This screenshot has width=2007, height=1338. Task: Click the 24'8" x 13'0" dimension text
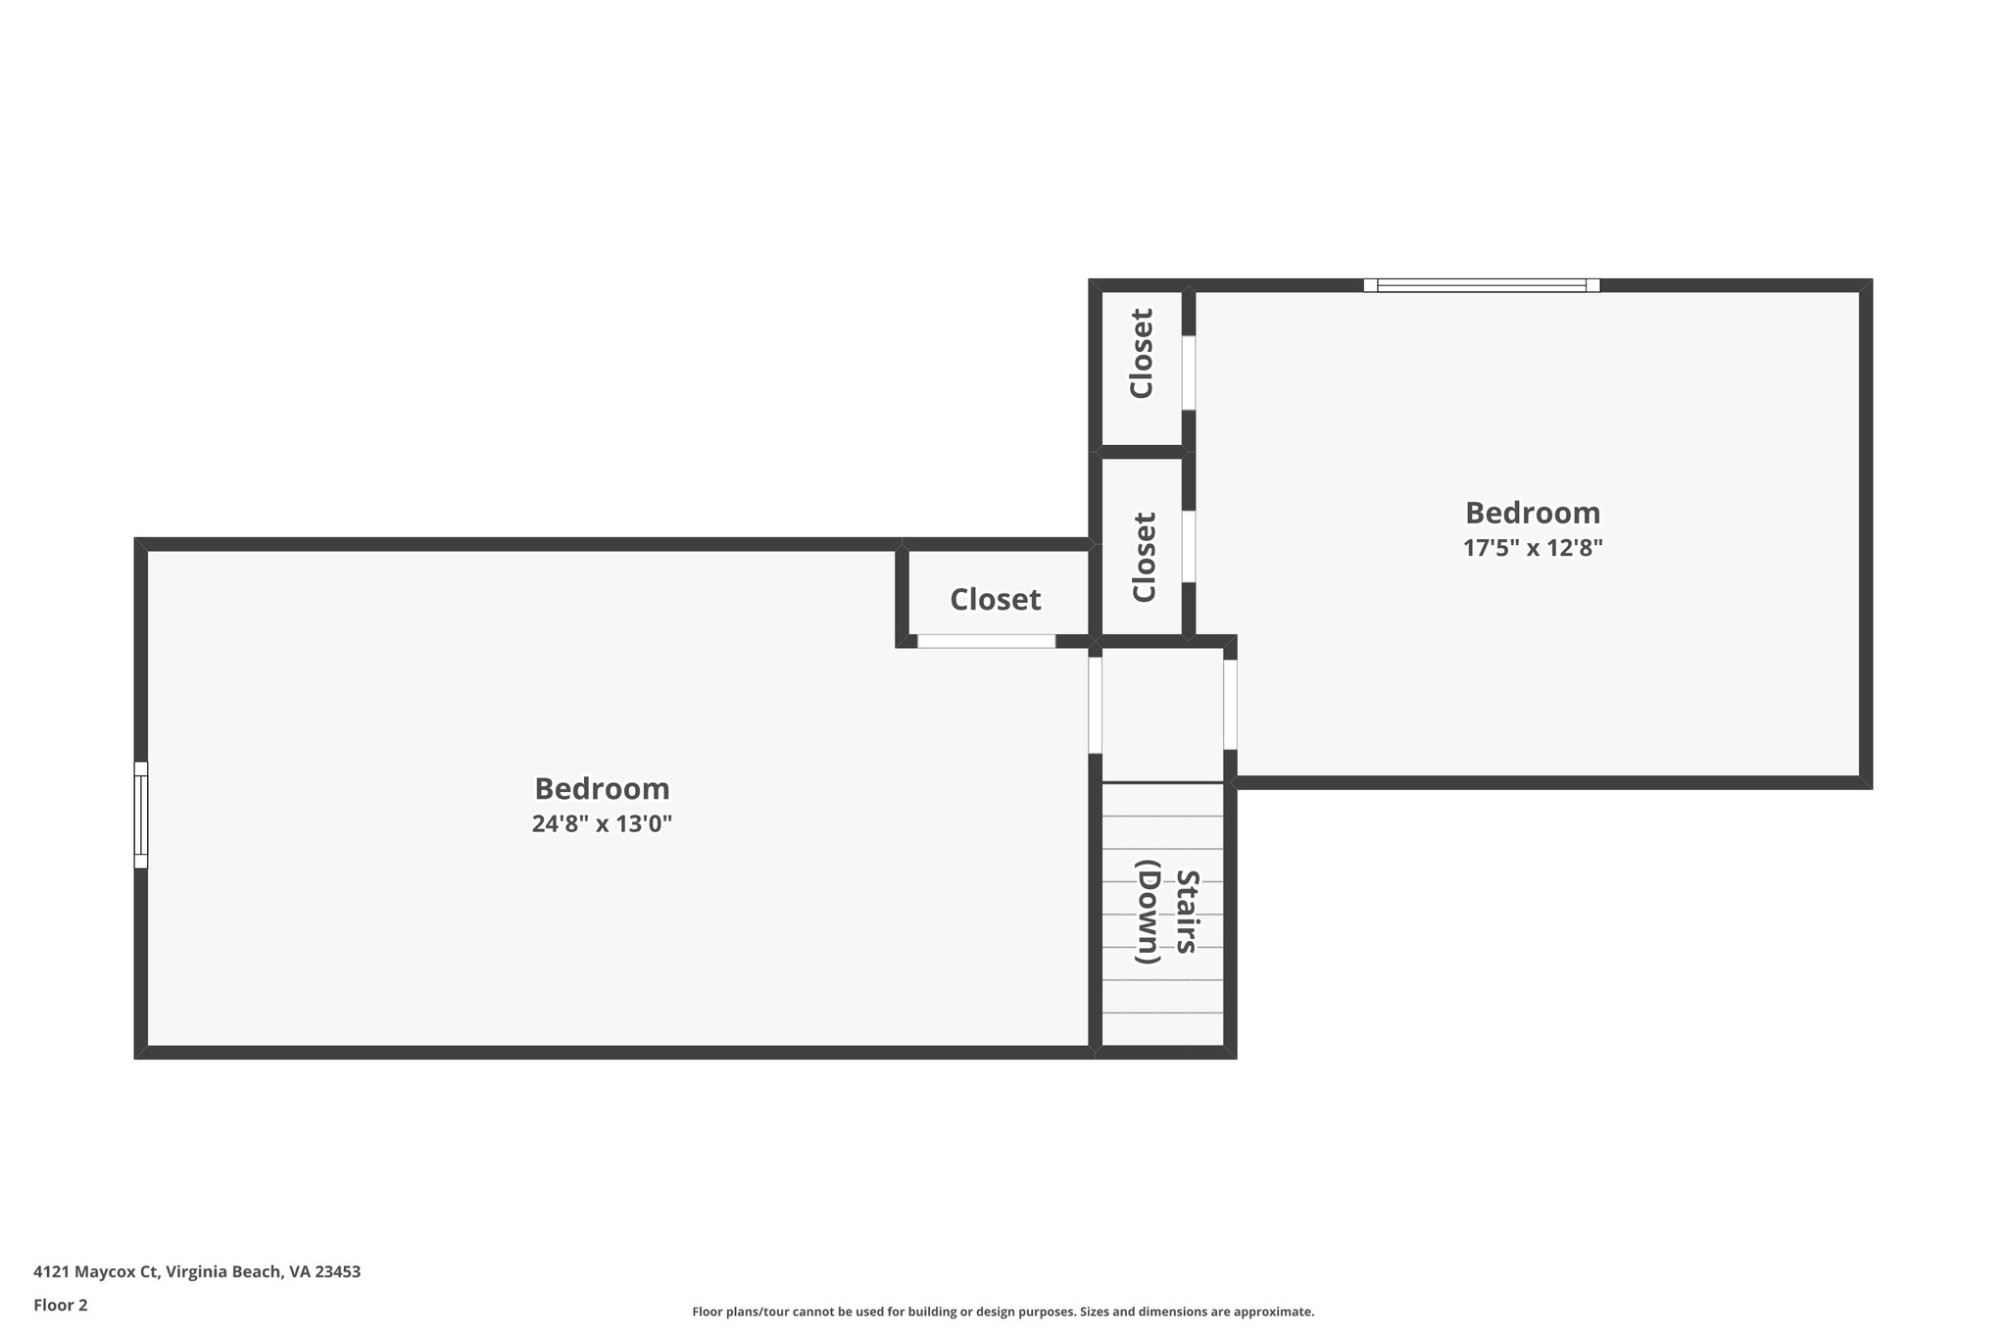pos(602,823)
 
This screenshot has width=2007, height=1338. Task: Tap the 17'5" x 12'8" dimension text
pos(1533,548)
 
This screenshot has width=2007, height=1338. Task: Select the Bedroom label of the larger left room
pos(602,788)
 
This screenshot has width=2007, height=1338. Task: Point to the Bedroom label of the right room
pos(1533,513)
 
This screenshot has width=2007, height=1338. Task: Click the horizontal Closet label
pos(995,599)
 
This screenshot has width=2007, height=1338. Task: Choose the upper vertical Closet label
pos(1142,354)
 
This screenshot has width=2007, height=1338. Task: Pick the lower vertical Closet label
pos(1144,557)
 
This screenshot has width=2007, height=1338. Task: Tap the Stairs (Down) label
pos(1163,912)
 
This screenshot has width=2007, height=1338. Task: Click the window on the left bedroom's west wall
pos(141,815)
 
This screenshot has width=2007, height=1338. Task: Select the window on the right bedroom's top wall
pos(1481,285)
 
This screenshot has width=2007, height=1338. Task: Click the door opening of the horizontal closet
pos(986,641)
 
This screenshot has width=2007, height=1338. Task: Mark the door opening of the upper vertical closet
pos(1189,372)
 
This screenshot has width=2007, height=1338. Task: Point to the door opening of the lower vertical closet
pos(1189,546)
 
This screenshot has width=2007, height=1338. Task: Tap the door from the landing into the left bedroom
pos(1096,704)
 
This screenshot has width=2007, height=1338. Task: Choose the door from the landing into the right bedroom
pos(1230,704)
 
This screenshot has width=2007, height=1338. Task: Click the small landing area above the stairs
pos(1162,714)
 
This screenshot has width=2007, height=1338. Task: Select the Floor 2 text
pos(61,1305)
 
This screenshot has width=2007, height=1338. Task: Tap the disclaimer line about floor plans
pos(1003,1312)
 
